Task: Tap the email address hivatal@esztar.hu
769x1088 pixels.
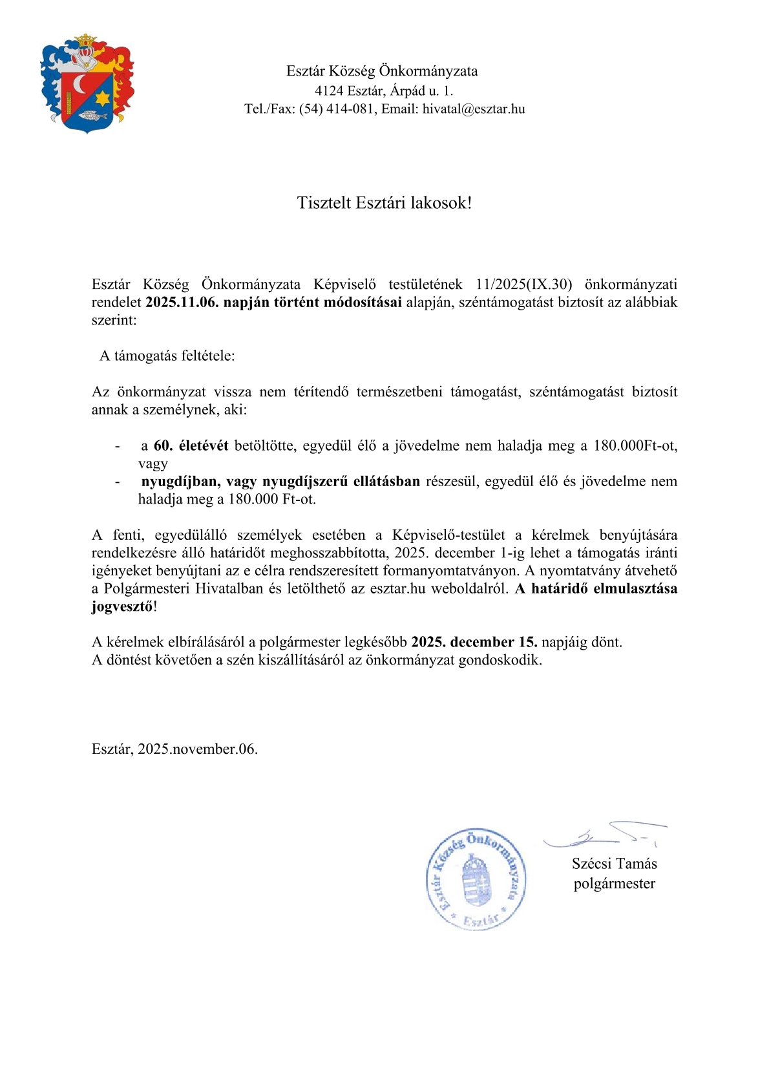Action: tap(474, 109)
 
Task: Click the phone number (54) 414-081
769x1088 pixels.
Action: tap(337, 109)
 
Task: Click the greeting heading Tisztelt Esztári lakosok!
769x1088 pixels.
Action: tap(384, 203)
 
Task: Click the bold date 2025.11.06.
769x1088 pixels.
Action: tap(182, 302)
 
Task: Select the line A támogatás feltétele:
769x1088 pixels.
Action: tap(167, 356)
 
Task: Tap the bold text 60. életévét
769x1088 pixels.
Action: tap(191, 445)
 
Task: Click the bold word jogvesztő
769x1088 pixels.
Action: tap(122, 606)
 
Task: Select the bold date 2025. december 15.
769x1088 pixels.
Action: tap(474, 642)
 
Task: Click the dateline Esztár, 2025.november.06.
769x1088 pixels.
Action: tap(174, 749)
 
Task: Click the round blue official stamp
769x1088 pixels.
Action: tap(476, 879)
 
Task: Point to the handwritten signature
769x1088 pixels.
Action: tap(604, 836)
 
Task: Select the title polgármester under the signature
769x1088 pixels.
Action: tap(614, 884)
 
